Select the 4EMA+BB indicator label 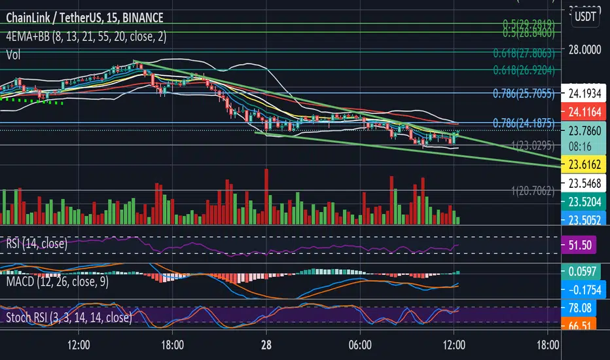coord(84,37)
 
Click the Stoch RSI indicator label coord(66,318)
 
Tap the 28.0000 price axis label coord(584,50)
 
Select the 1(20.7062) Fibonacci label coord(533,191)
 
